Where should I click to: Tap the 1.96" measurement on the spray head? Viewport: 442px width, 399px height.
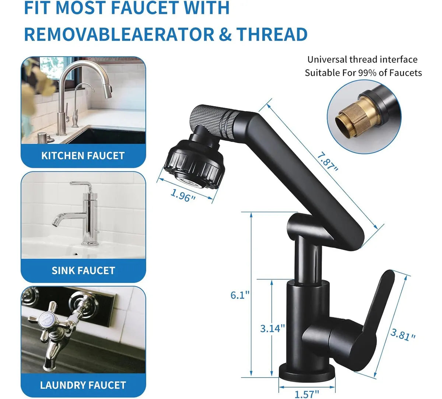click(x=183, y=195)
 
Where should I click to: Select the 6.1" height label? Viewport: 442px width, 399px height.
click(x=240, y=295)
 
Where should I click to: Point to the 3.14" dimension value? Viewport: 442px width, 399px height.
click(x=273, y=328)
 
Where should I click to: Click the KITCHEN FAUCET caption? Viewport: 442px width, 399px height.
click(x=83, y=155)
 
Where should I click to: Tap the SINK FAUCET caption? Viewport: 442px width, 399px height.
click(x=83, y=270)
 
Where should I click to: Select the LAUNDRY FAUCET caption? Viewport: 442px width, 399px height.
click(x=83, y=385)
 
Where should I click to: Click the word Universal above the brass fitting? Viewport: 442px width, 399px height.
click(x=327, y=59)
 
